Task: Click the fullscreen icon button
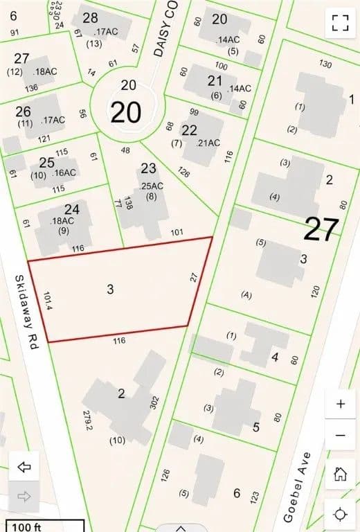(339, 21)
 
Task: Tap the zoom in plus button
(340, 405)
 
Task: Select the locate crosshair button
(340, 514)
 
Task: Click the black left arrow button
(24, 468)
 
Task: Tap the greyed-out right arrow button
(24, 496)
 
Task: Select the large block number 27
(321, 229)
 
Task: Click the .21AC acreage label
(208, 143)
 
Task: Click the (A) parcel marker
(246, 294)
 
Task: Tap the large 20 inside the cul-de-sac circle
(126, 112)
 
